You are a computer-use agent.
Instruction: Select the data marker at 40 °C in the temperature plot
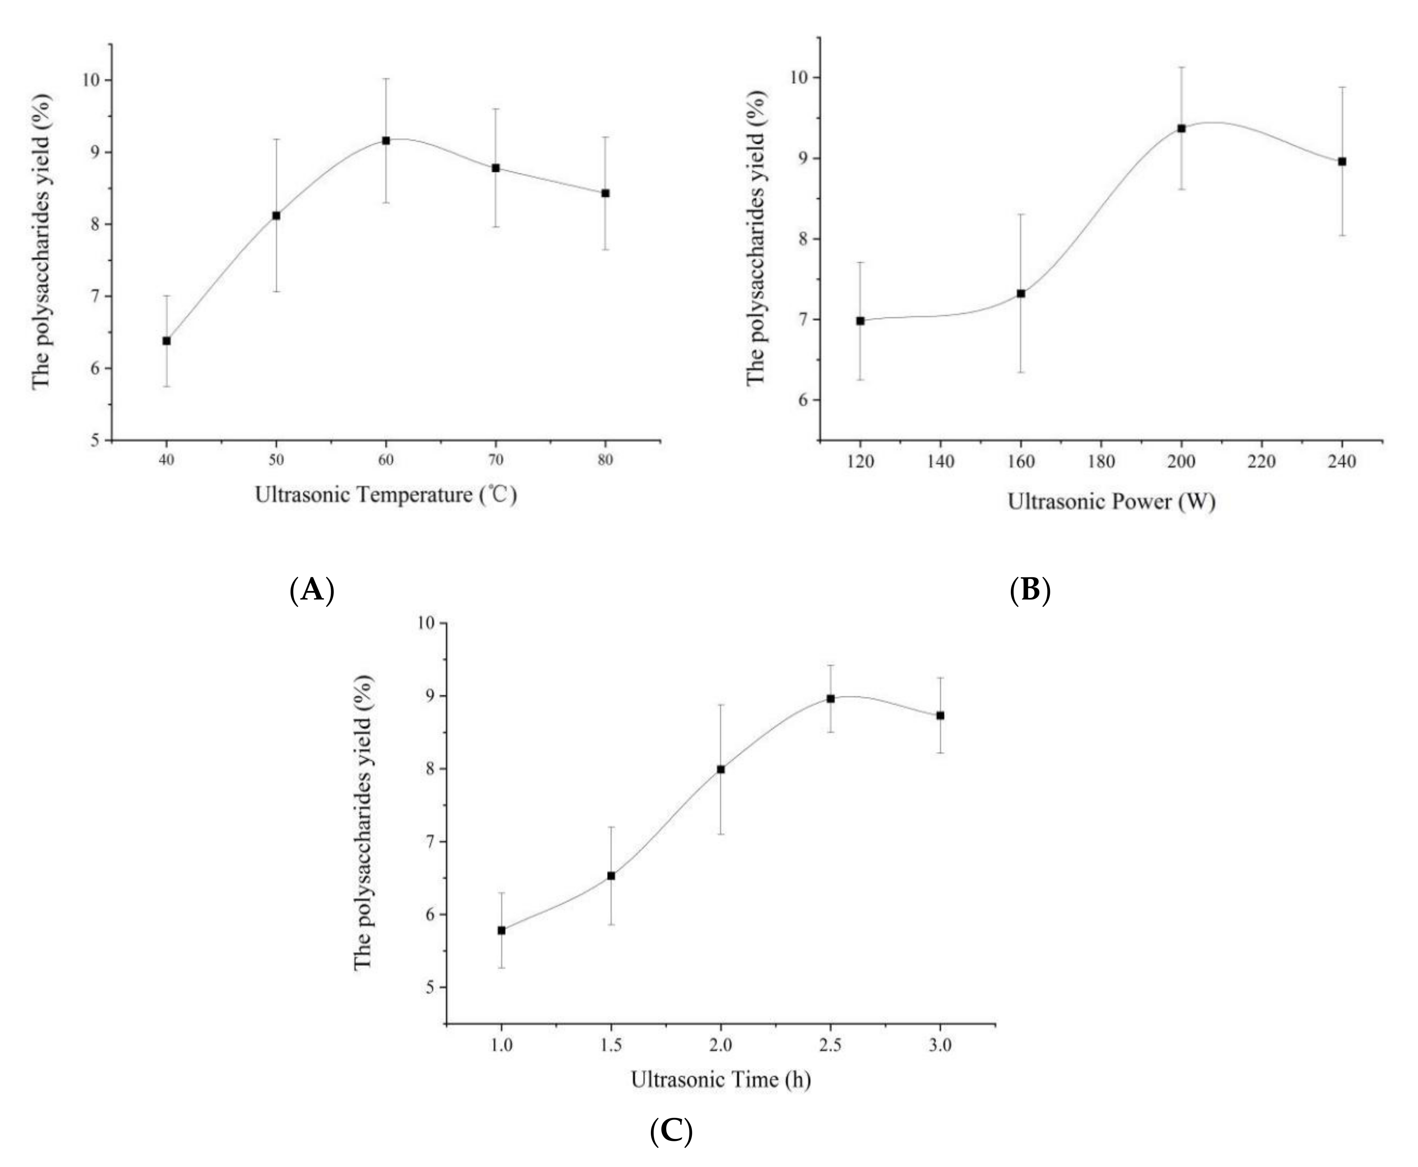(x=167, y=341)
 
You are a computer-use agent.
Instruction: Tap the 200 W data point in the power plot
(x=1181, y=128)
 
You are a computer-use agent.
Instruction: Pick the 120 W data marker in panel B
(x=860, y=321)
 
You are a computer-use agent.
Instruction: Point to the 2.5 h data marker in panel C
(x=831, y=699)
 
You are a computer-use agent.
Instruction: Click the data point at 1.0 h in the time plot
(x=502, y=930)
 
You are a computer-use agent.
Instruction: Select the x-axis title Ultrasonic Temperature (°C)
(x=386, y=495)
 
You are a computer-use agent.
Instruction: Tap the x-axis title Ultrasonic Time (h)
(x=720, y=1080)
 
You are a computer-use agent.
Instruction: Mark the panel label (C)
(x=671, y=1132)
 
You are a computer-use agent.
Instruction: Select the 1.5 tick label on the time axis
(x=611, y=1046)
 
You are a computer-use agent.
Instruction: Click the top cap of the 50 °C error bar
(x=276, y=139)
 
